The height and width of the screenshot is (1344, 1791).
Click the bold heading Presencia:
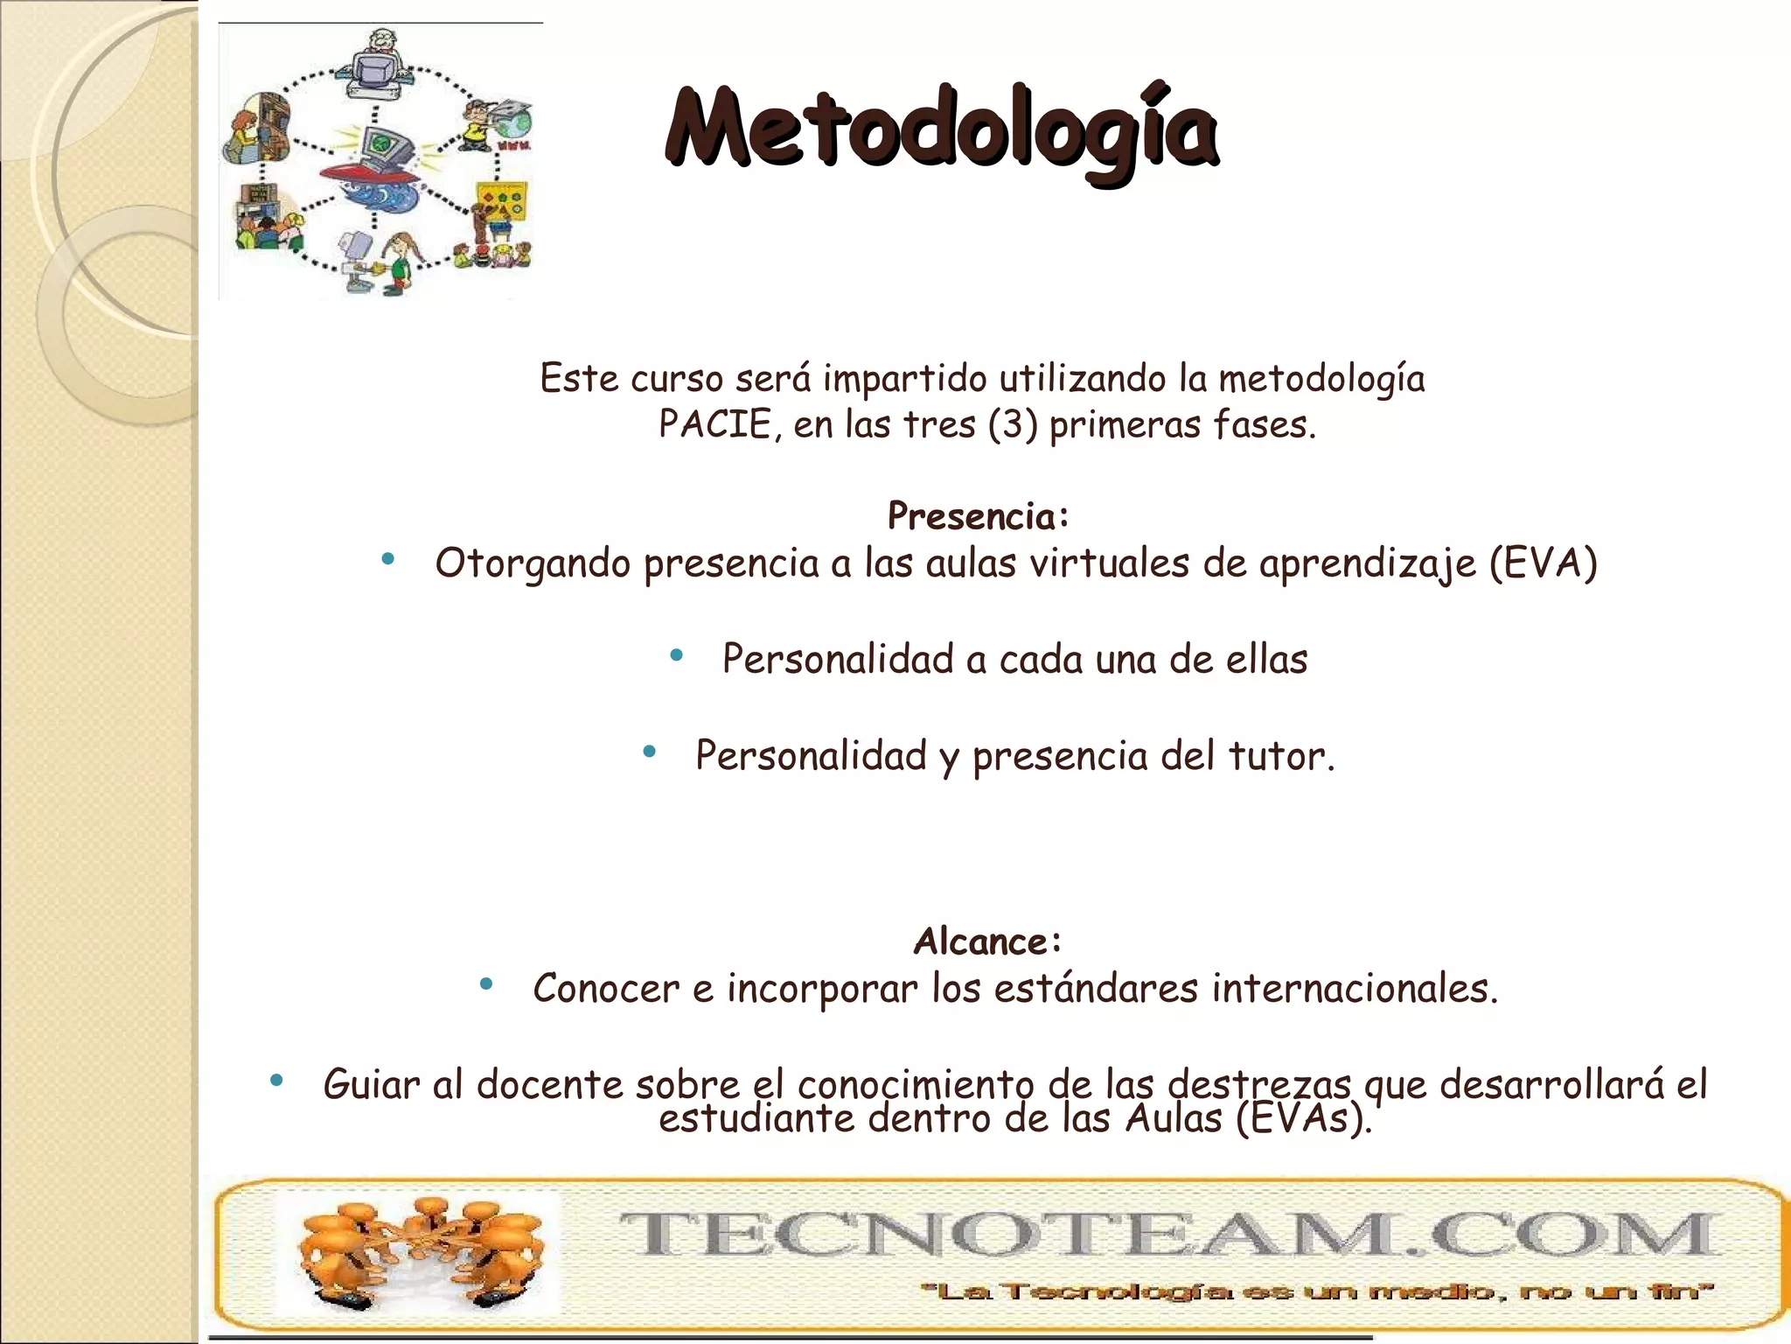(978, 516)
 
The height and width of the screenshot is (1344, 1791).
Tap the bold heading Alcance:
(987, 941)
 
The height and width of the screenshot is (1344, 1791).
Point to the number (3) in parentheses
(1013, 425)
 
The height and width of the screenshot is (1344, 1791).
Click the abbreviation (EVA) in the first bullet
(1543, 563)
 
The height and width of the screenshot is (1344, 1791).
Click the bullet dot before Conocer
(486, 984)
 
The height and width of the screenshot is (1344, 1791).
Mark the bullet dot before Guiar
(276, 1081)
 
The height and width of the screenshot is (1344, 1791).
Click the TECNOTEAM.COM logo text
(1167, 1234)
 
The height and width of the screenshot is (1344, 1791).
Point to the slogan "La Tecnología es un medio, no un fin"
(1315, 1291)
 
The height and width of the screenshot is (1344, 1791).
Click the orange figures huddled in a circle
(418, 1252)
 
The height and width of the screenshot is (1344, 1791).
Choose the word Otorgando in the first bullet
(533, 563)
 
